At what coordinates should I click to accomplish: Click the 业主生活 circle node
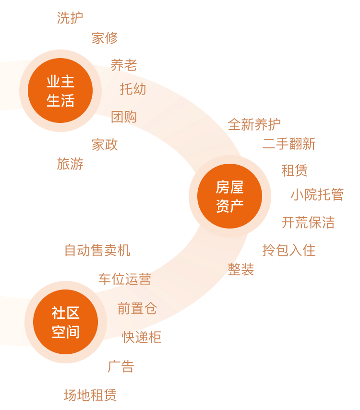(60, 90)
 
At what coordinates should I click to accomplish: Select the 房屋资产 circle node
(229, 196)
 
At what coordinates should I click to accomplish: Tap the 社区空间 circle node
(65, 322)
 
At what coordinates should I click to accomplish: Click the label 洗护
(70, 18)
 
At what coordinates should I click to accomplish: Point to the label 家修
(105, 38)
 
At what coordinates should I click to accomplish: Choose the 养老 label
(124, 65)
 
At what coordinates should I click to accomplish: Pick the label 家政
(105, 145)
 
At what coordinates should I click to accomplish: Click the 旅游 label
(70, 164)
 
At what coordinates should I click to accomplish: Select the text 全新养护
(254, 125)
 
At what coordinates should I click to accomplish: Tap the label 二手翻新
(289, 144)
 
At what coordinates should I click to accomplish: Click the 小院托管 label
(317, 194)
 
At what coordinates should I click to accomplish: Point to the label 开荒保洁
(308, 223)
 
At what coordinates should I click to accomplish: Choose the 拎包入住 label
(289, 250)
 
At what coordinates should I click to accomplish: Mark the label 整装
(241, 270)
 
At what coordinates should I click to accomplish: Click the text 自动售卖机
(97, 251)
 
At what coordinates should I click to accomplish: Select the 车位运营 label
(124, 279)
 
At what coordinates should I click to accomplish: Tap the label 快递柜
(142, 338)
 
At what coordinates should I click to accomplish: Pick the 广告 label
(121, 366)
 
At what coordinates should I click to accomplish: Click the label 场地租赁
(90, 395)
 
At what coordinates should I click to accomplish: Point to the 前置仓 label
(137, 309)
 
